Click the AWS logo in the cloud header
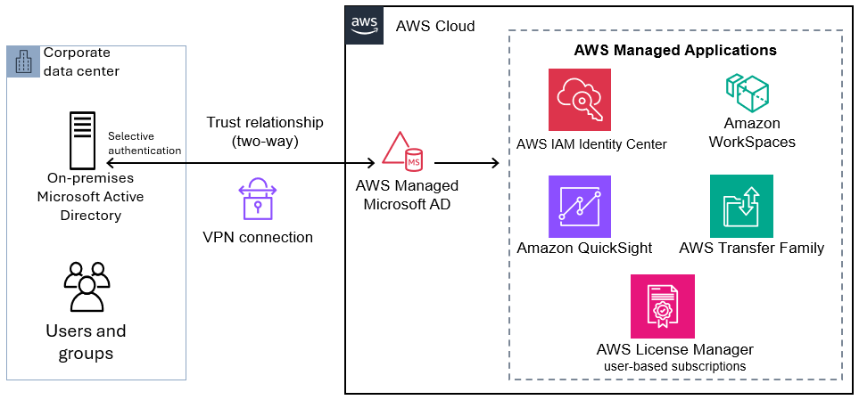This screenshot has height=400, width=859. (x=361, y=25)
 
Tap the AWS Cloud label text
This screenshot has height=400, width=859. (x=435, y=27)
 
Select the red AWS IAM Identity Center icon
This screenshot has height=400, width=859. (x=580, y=100)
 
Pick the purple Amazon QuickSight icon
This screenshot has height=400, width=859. (x=580, y=206)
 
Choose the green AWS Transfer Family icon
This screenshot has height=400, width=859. (x=741, y=206)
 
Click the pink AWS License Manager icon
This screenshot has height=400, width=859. (x=662, y=306)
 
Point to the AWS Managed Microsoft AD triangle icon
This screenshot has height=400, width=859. (x=402, y=151)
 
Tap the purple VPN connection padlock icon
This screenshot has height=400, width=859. (x=258, y=198)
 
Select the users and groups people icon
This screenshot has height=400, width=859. (x=87, y=286)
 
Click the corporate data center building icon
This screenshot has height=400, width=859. (x=24, y=61)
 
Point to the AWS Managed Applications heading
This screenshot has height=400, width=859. (x=674, y=50)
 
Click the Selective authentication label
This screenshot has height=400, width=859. (x=145, y=143)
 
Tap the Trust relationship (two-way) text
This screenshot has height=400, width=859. (x=265, y=131)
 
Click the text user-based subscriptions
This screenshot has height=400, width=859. (x=674, y=365)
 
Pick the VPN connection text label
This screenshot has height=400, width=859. (x=258, y=237)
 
